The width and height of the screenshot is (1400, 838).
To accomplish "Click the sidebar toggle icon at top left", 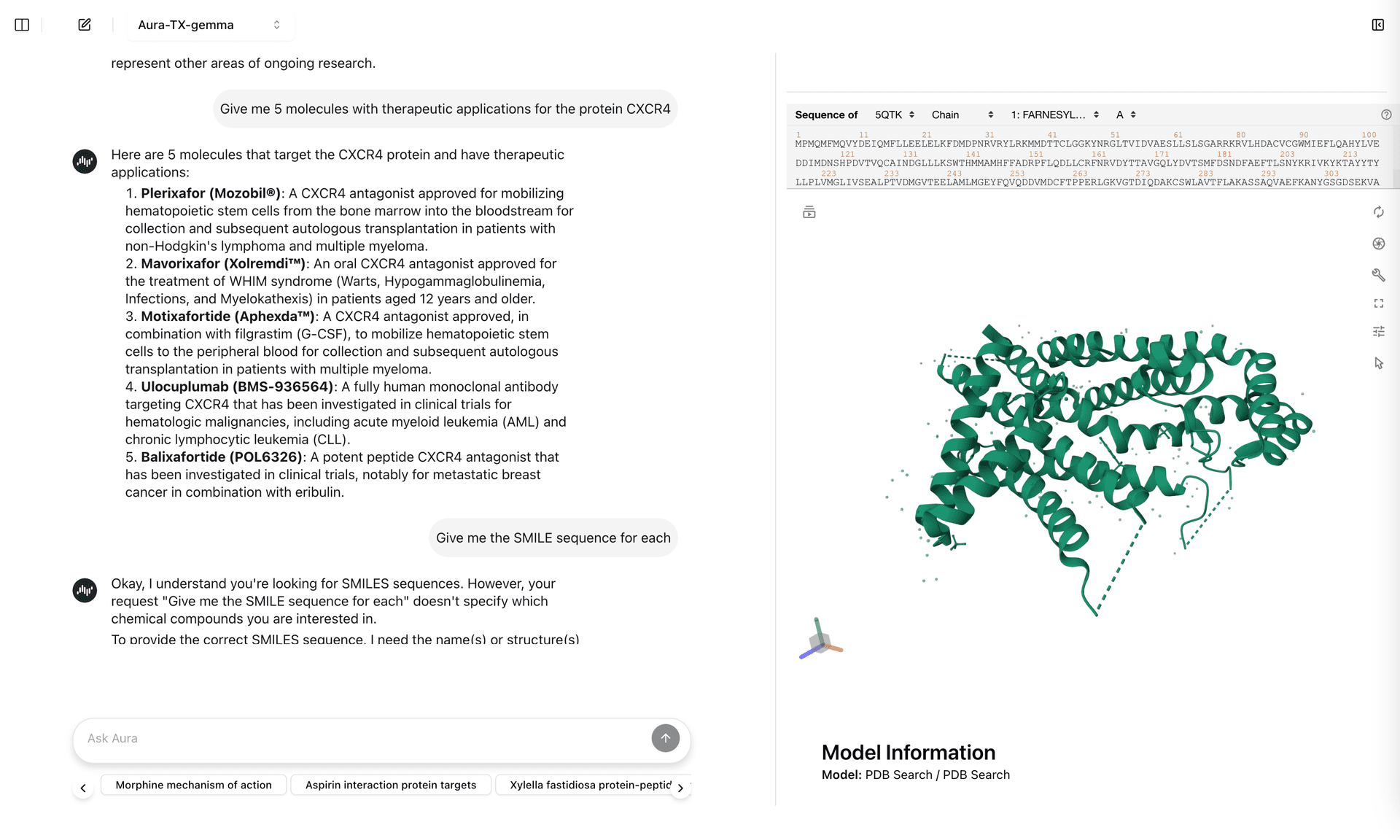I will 22,25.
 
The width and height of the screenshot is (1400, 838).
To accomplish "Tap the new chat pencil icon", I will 85,25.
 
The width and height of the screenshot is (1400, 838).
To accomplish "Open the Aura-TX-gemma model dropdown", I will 209,25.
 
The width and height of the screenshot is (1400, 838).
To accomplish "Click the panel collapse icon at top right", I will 1377,25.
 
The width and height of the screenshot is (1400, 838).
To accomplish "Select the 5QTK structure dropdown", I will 894,115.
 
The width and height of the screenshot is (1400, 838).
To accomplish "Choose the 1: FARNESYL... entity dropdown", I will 1054,115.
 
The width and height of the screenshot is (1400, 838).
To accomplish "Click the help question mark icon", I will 1386,115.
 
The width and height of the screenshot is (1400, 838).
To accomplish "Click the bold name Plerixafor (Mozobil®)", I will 211,193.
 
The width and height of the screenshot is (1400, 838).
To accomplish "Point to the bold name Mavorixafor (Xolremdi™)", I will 223,263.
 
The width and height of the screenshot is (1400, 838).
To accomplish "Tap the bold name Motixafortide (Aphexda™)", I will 227,317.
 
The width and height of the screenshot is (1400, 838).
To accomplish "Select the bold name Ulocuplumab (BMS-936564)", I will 237,387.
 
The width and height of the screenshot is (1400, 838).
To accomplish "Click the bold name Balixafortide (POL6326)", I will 221,457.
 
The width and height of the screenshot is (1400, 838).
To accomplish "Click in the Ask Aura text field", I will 365,738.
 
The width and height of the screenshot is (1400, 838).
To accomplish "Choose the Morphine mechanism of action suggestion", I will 193,785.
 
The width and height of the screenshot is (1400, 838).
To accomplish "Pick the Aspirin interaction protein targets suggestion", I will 391,785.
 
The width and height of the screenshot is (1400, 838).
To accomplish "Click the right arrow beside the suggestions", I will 680,788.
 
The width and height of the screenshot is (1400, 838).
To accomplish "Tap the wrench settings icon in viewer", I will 1378,274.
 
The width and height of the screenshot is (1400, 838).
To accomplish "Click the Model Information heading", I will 908,752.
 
